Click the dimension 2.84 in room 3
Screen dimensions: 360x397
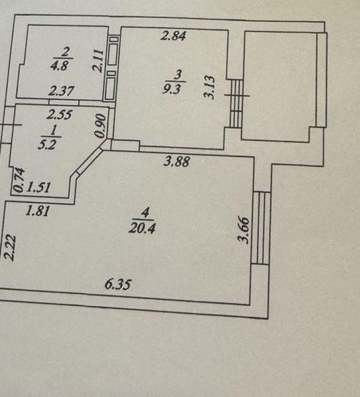174,35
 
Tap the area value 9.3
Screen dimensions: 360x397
172,90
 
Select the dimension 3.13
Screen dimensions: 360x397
210,88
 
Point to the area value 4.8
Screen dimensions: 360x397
59,66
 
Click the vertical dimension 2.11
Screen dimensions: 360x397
98,61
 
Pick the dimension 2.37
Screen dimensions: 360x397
61,91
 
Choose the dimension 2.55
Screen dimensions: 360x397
59,114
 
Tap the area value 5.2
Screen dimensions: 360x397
47,145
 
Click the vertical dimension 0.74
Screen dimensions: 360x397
19,180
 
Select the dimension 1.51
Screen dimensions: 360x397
39,188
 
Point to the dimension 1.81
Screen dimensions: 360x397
37,211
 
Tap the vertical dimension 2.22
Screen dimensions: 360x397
11,248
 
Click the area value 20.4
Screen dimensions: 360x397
142,229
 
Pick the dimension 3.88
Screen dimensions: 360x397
176,161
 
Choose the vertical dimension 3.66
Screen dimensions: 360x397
244,230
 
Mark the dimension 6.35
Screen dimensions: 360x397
118,284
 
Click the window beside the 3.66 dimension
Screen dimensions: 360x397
261,228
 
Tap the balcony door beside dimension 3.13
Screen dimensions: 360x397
237,104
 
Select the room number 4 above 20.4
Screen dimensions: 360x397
146,212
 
